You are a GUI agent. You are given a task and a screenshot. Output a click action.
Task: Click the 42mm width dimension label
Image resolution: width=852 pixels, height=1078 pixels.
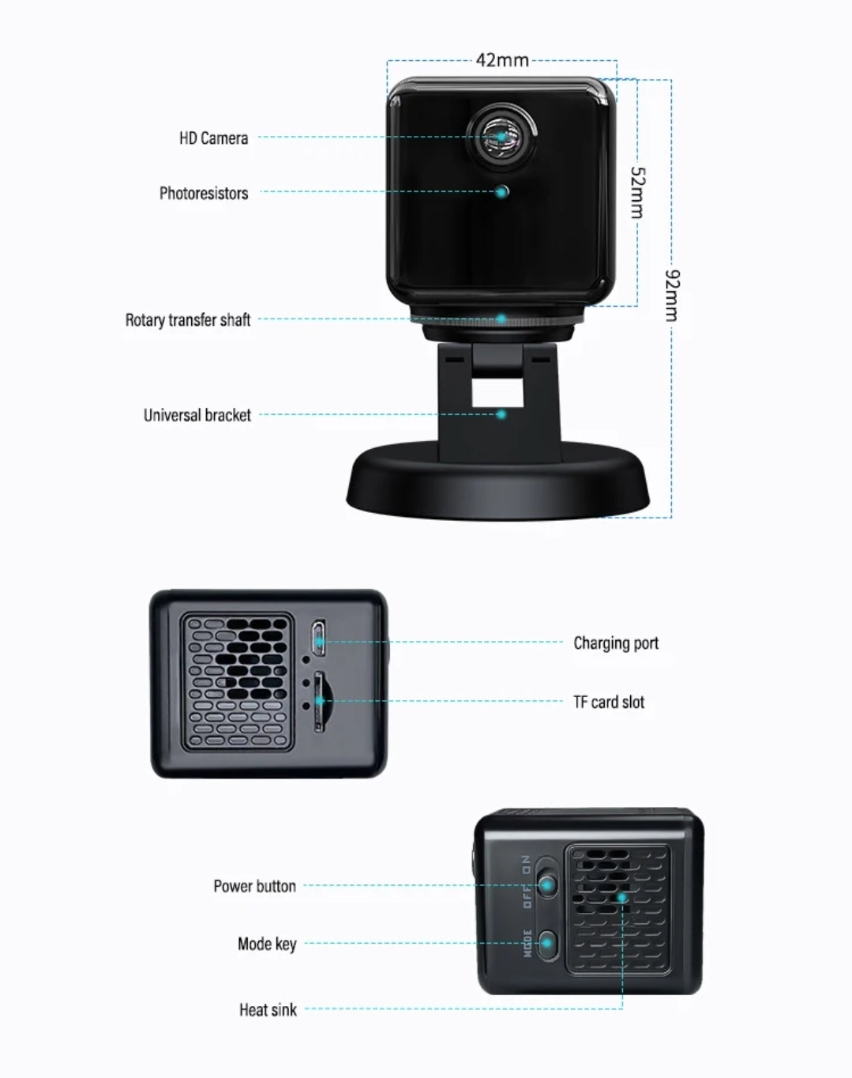point(502,60)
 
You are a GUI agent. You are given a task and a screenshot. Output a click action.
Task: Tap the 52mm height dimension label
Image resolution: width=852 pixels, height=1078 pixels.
point(637,193)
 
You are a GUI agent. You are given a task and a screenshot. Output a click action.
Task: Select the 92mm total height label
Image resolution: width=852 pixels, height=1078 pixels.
point(672,296)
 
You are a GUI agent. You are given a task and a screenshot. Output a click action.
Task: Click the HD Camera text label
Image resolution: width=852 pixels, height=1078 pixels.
point(214,138)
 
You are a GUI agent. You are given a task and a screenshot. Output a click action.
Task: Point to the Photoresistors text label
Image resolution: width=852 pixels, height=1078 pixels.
point(204,193)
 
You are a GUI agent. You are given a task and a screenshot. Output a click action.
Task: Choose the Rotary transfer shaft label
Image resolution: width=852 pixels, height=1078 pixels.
point(188,319)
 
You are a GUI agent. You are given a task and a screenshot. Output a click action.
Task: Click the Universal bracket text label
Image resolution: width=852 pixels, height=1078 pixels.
point(197,415)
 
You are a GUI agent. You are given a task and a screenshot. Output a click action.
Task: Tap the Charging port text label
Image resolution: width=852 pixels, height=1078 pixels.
point(616,643)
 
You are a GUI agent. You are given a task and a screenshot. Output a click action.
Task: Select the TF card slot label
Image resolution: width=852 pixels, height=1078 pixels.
point(610,702)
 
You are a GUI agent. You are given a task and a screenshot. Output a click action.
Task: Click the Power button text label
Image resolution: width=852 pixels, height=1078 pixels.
point(255,886)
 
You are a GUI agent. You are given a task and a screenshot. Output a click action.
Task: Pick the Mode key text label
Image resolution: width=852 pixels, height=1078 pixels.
point(268,944)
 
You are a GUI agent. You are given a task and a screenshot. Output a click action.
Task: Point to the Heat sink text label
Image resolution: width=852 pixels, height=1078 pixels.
point(268,1009)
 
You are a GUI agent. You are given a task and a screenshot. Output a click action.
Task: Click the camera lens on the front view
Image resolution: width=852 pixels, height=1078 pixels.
point(501,136)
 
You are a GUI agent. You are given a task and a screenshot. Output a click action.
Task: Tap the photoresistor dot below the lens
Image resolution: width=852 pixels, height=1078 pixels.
point(502,191)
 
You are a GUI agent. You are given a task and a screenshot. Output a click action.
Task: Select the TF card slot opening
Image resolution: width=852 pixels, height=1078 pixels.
point(318,701)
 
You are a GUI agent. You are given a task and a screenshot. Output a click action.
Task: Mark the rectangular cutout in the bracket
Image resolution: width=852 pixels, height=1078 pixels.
point(497,393)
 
